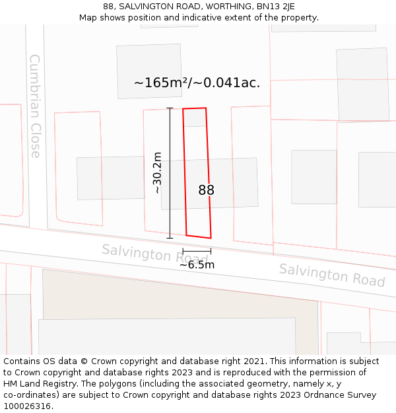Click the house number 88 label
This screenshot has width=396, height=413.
[207, 190]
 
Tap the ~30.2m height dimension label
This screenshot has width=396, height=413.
[157, 172]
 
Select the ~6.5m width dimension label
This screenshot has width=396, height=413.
[197, 265]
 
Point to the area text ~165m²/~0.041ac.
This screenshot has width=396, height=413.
[197, 83]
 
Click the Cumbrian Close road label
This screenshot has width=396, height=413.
[35, 106]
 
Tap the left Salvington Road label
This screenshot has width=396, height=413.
[154, 253]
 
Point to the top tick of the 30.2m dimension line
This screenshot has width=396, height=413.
[170, 108]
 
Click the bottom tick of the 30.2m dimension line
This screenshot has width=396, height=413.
[170, 238]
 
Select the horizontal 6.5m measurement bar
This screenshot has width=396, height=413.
[197, 251]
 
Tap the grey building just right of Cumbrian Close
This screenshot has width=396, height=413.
[110, 178]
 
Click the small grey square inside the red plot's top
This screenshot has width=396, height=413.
[195, 118]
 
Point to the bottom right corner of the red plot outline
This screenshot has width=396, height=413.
[211, 238]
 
